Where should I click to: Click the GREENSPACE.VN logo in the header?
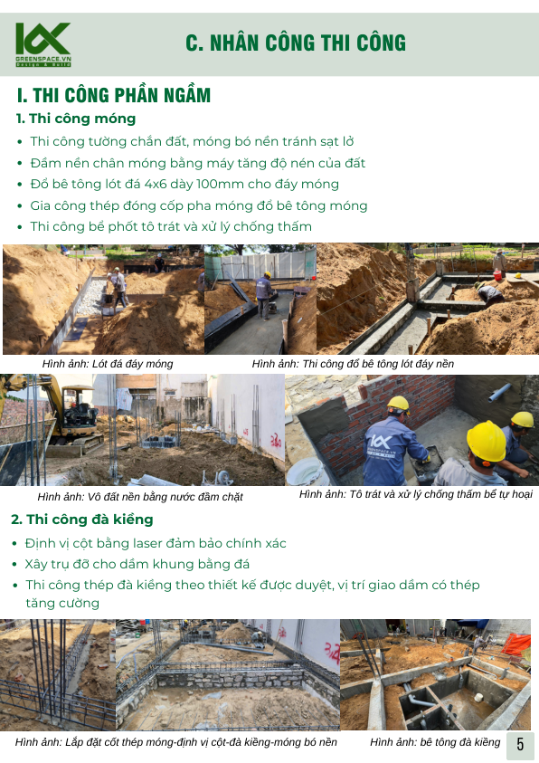pyautogui.click(x=43, y=44)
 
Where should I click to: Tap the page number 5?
pyautogui.click(x=520, y=744)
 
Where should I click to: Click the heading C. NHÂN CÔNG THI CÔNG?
pyautogui.click(x=296, y=43)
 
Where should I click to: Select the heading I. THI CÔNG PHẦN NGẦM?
pyautogui.click(x=114, y=95)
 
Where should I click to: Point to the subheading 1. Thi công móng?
pyautogui.click(x=76, y=119)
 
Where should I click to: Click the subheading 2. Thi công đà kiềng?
pyautogui.click(x=82, y=520)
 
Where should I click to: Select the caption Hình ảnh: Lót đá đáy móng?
pyautogui.click(x=108, y=364)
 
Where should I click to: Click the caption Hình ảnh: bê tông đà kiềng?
pyautogui.click(x=435, y=742)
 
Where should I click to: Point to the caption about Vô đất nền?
pyautogui.click(x=140, y=497)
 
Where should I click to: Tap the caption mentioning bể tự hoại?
pyautogui.click(x=415, y=494)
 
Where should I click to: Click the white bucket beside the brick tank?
pyautogui.click(x=307, y=471)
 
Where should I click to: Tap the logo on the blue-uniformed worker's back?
pyautogui.click(x=381, y=444)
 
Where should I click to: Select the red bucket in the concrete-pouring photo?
pyautogui.click(x=497, y=275)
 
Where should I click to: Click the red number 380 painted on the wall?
pyautogui.click(x=276, y=441)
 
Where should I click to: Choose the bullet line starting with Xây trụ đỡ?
pyautogui.click(x=137, y=565)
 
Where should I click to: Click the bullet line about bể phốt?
pyautogui.click(x=165, y=227)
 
